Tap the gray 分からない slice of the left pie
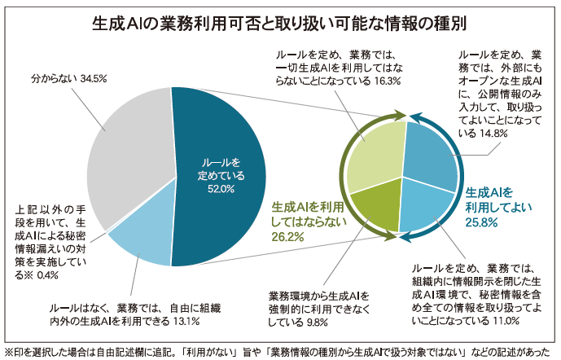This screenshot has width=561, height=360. [130, 155]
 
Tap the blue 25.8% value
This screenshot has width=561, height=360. [481, 222]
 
